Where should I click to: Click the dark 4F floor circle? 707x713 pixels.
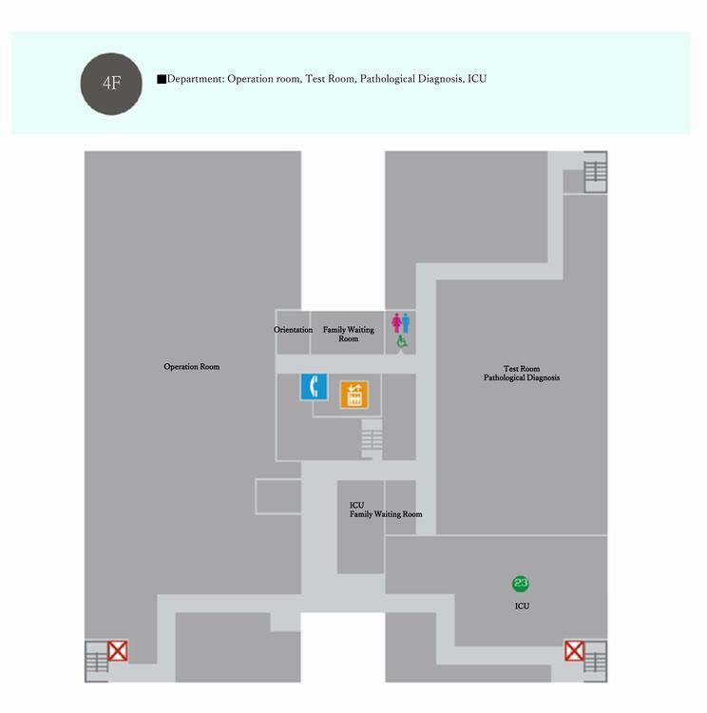point(112,83)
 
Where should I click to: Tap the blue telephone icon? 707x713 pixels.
point(315,387)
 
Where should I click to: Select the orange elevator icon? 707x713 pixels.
point(354,394)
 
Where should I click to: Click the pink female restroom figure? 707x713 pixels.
point(395,323)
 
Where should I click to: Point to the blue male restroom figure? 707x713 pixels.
point(407,323)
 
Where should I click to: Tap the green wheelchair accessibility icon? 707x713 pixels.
point(401,340)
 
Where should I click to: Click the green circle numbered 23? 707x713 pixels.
point(521,584)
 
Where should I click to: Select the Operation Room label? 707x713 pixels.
point(192,366)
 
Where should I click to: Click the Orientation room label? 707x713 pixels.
point(293,330)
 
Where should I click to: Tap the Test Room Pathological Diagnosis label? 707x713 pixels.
point(522,373)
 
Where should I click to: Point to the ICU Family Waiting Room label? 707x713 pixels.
point(385,510)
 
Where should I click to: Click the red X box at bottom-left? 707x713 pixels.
point(118,651)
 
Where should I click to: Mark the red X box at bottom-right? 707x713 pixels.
point(574,651)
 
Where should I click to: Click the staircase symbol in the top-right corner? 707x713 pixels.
point(595,171)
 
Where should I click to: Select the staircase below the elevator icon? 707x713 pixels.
point(372,438)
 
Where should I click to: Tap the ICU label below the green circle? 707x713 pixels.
point(522,606)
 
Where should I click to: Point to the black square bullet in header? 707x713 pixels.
point(162,79)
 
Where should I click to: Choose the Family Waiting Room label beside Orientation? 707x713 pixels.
point(348,334)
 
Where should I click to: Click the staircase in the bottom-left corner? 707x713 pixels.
point(96,662)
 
